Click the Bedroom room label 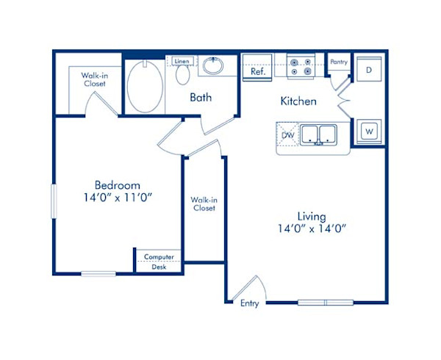117,185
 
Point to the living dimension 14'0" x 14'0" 312,228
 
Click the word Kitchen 298,101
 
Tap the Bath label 201,97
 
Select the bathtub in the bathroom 145,86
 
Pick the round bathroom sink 214,66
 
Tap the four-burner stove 301,67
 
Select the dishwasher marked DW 288,134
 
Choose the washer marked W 369,132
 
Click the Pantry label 338,62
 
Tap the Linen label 182,60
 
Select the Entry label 249,303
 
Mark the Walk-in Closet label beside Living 203,204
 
